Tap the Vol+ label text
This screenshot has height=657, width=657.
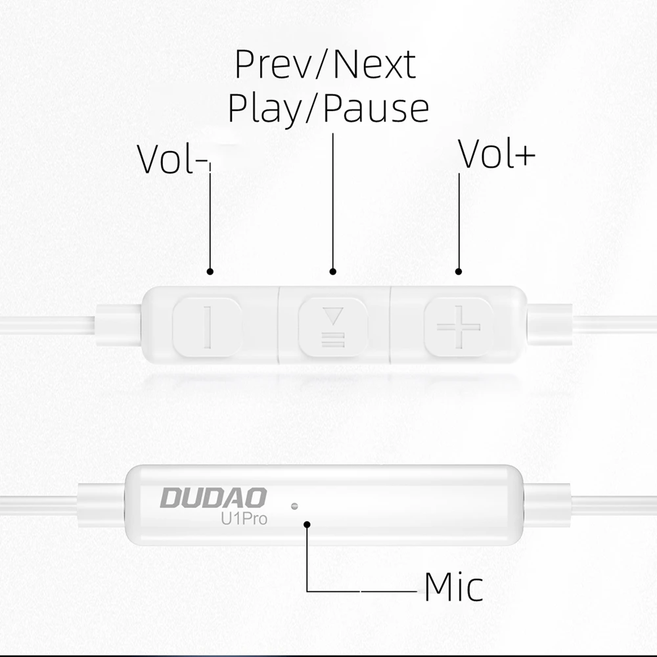(x=497, y=155)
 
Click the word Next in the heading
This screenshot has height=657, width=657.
(x=374, y=64)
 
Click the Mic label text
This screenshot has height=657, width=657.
(x=453, y=587)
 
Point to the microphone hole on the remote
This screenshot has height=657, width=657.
(x=294, y=507)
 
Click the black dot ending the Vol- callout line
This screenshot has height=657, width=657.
(x=210, y=271)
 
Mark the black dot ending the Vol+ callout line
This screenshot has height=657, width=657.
(x=459, y=271)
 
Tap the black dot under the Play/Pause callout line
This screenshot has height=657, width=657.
(x=333, y=271)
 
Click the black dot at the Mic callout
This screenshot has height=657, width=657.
(x=307, y=524)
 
